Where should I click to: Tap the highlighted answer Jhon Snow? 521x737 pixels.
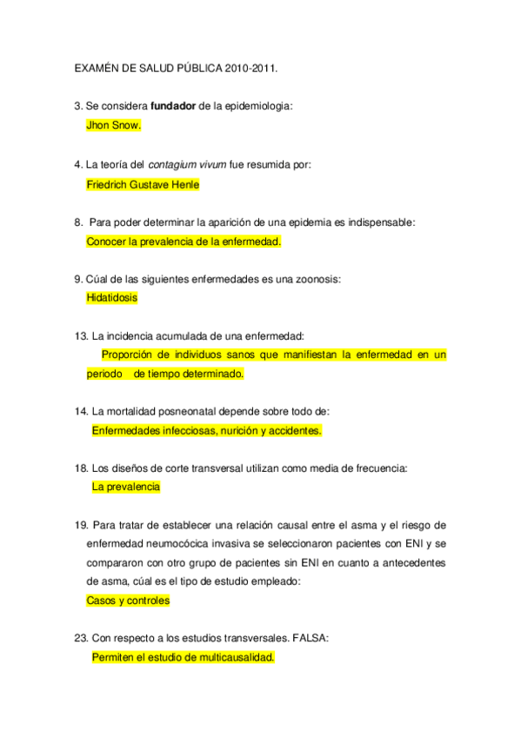tap(113, 125)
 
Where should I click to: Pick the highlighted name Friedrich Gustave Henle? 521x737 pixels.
tap(143, 184)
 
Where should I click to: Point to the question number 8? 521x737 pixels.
tap(79, 222)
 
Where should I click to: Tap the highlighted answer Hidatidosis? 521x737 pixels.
tap(111, 297)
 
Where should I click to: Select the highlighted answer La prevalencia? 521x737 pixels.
tap(125, 488)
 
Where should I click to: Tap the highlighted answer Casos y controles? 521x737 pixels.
tap(128, 601)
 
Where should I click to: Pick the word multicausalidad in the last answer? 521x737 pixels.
tap(232, 658)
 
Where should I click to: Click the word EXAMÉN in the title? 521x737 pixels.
tap(100, 66)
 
